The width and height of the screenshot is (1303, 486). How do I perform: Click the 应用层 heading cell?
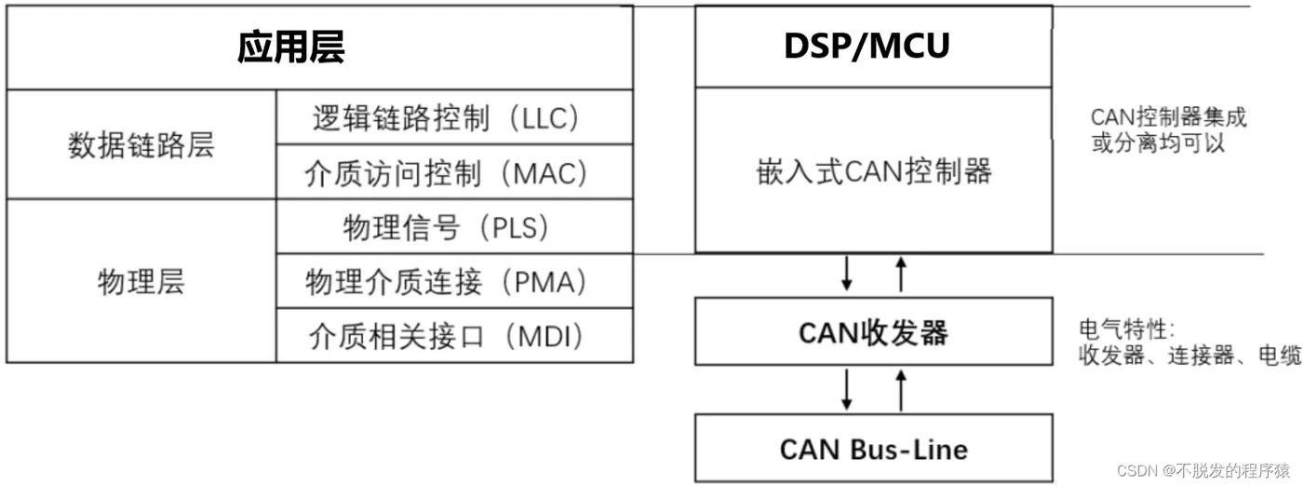coord(290,47)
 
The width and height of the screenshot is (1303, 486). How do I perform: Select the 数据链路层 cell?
coord(141,145)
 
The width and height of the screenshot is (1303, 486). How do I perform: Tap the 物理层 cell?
coord(141,281)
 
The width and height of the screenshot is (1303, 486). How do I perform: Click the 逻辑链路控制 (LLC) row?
coord(447,118)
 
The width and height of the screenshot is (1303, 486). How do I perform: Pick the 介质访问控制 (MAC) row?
coord(447,172)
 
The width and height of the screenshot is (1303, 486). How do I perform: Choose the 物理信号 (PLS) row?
coord(447,227)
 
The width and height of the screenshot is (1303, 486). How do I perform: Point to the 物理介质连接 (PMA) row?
coord(447,281)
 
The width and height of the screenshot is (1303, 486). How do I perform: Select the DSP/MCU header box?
coord(873,47)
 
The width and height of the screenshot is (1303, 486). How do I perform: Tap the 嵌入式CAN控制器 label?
coord(873,171)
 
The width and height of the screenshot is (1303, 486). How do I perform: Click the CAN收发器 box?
coord(873,332)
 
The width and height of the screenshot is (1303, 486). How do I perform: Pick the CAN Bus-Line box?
coord(873,450)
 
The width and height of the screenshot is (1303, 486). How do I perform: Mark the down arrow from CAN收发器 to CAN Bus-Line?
coord(846,389)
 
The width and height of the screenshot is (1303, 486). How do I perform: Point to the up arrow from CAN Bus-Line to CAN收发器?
coord(900,389)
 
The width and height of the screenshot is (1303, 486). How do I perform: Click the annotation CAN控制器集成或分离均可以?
coord(1168,130)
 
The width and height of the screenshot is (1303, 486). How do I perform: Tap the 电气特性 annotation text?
coord(1126,329)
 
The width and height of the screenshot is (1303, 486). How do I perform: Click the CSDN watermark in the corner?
coord(1202,470)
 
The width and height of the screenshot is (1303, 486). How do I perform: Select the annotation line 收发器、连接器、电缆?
coord(1189,355)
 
